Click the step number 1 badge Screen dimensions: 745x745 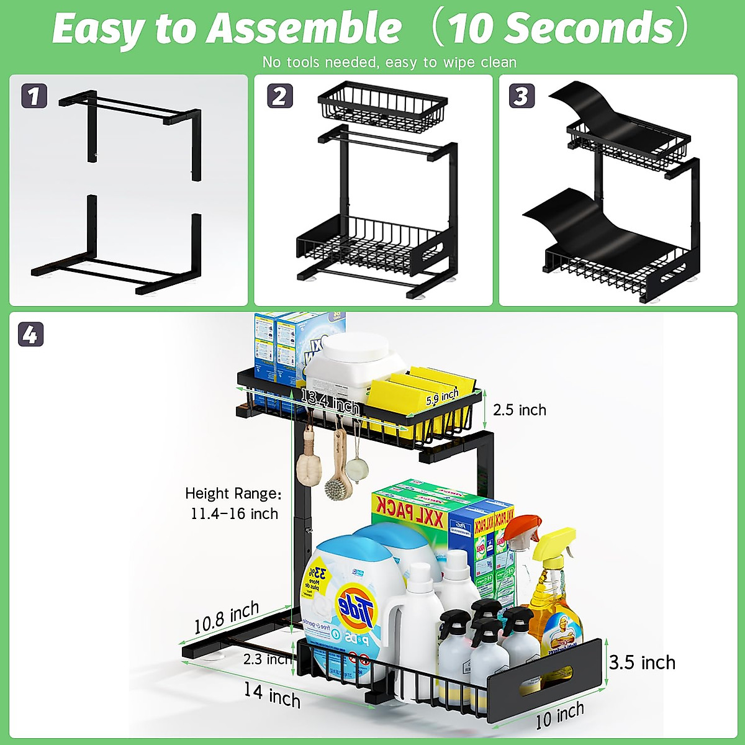coord(34,96)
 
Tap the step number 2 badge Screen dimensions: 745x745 coord(279,96)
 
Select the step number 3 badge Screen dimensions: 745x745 coord(521,96)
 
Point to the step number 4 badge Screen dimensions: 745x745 coord(30,335)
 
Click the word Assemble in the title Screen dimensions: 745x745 coord(304,29)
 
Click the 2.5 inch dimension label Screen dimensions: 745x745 coord(520,410)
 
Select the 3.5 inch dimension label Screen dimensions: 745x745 coord(642,662)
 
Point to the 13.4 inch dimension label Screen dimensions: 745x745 coord(330,402)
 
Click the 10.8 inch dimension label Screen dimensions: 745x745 coord(226,618)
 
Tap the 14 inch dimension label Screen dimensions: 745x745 coord(272,695)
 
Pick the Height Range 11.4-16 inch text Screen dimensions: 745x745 coord(233,503)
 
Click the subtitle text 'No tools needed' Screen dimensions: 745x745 coord(389,62)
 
